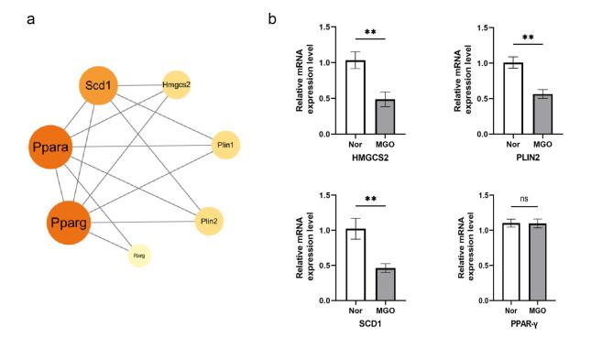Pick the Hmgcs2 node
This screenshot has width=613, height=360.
click(x=178, y=86)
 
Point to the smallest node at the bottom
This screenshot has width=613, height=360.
click(x=139, y=256)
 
